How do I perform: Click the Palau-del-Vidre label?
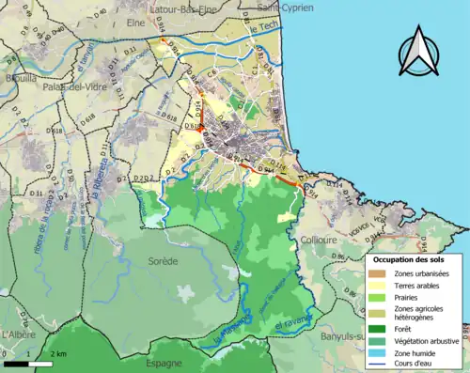(75, 86)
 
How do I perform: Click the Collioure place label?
(318, 240)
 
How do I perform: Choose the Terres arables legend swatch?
(379, 286)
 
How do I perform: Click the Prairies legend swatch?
(379, 300)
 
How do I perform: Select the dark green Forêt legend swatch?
(379, 328)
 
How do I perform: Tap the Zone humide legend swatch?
(379, 355)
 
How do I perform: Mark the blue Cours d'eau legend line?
(379, 366)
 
